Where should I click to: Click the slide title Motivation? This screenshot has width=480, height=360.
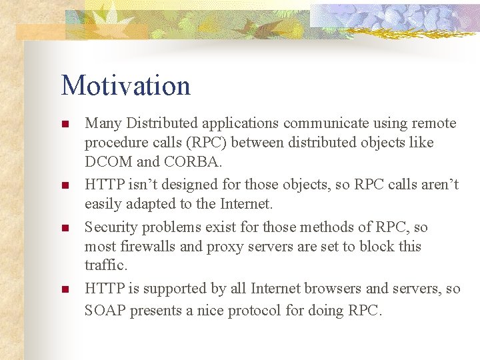tap(125, 85)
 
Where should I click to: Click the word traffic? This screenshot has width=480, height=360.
tap(105, 265)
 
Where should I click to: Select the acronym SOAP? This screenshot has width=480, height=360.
tap(105, 311)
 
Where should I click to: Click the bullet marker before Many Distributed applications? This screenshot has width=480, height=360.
tap(65, 125)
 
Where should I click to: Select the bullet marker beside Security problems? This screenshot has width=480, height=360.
tap(65, 229)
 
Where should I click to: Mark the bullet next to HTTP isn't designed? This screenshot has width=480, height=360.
tap(65, 186)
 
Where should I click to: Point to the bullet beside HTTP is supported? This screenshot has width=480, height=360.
tap(65, 290)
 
